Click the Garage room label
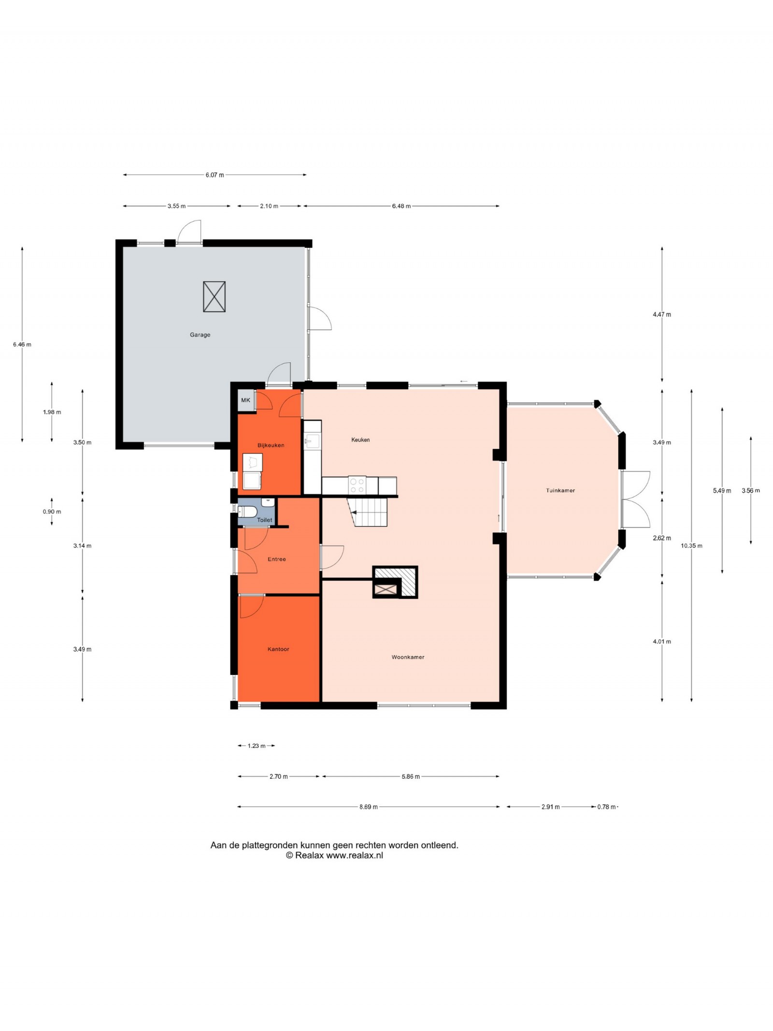point(200,334)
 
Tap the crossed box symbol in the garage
point(214,297)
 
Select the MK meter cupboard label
point(245,400)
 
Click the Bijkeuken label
point(271,445)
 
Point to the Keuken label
point(360,440)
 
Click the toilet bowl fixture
point(247,511)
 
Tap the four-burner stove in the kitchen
point(357,486)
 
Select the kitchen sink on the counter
point(312,441)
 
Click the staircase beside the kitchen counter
point(368,512)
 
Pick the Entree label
point(277,559)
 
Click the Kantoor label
point(278,649)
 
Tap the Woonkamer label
point(408,657)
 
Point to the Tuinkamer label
point(560,490)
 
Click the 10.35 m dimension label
point(691,545)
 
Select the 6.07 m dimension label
point(215,175)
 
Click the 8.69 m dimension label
point(368,807)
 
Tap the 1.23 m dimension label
point(257,746)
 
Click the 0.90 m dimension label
point(52,512)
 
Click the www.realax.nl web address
point(355,855)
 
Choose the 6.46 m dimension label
point(22,344)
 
